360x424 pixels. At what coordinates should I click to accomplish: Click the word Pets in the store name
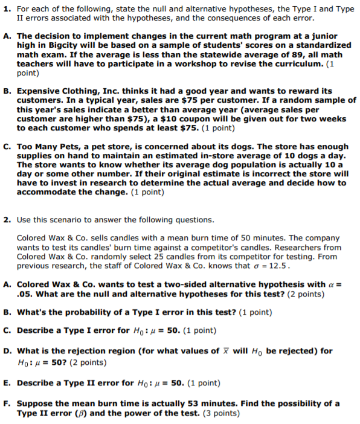74,147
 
